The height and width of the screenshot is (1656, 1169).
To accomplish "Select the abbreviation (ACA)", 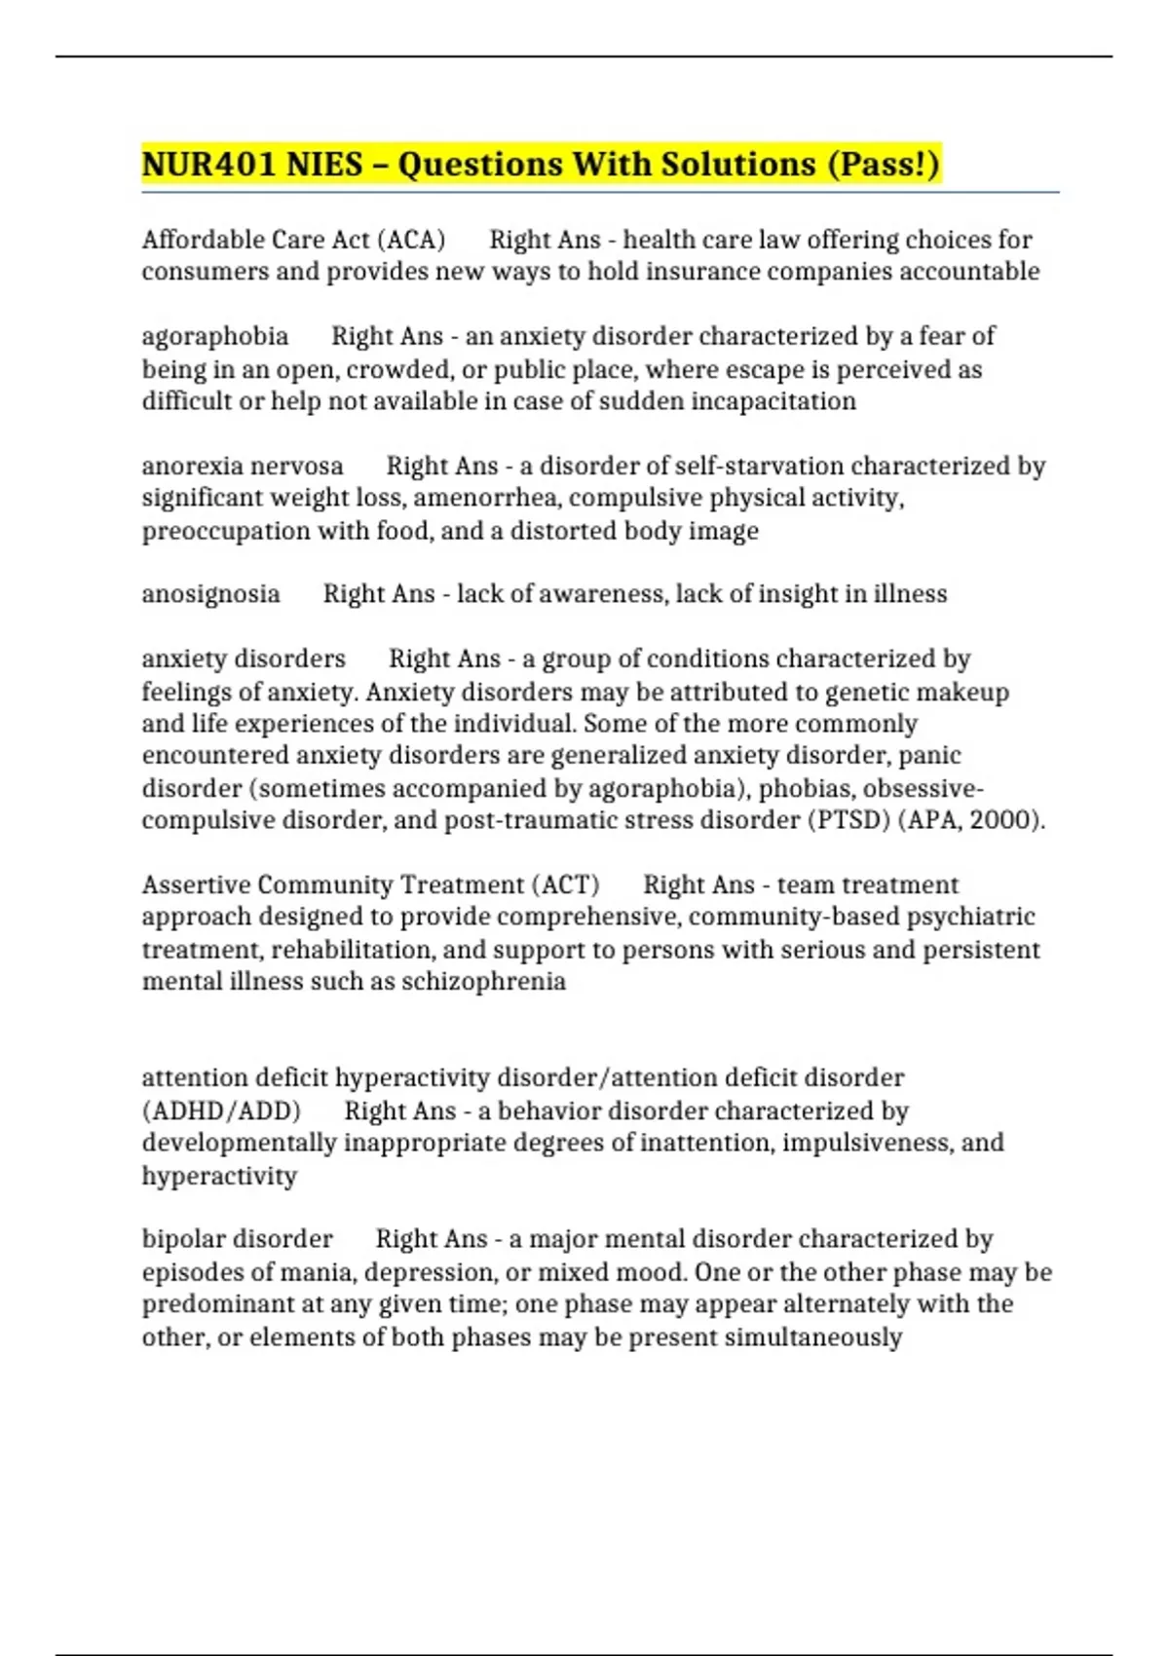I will (x=411, y=240).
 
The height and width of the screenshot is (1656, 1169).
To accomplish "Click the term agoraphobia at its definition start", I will (x=215, y=337).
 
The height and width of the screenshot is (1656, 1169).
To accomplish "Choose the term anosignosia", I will (x=210, y=594).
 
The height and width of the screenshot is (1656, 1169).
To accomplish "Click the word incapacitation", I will (x=773, y=401).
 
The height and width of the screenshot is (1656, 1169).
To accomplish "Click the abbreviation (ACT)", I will (x=565, y=884).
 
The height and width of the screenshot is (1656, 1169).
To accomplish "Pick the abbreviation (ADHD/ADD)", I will (x=221, y=1111).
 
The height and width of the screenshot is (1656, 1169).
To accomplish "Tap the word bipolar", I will (x=179, y=1239).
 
